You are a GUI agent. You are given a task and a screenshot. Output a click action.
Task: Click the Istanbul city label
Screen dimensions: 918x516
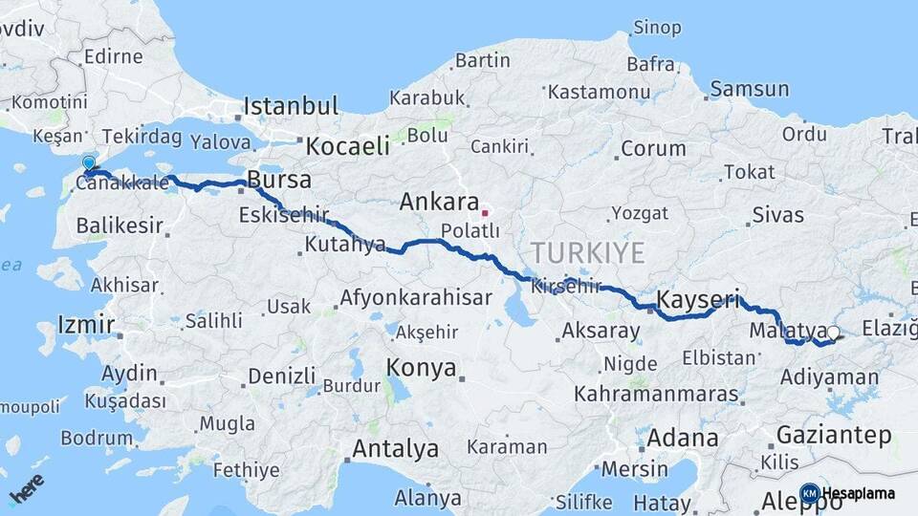pos(291,105)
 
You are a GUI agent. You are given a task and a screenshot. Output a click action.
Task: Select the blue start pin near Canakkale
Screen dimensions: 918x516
pos(89,165)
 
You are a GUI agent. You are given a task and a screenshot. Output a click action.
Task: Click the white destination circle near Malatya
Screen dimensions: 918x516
pos(833,333)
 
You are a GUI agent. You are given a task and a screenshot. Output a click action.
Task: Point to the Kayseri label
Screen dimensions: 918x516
pos(697,301)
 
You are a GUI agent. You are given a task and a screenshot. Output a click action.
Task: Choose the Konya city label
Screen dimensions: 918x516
pos(421,368)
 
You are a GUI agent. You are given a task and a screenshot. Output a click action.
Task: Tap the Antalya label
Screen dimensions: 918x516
pos(395,448)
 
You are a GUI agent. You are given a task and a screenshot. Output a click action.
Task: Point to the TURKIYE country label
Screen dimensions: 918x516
pos(588,253)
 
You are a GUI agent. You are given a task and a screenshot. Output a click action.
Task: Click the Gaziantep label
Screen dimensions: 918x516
pos(834,436)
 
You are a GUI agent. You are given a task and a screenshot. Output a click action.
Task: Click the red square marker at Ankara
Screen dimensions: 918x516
pos(486,213)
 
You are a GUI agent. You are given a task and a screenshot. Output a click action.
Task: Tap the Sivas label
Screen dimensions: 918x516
pos(777,215)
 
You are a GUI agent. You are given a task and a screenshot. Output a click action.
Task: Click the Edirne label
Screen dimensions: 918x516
pos(113,56)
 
